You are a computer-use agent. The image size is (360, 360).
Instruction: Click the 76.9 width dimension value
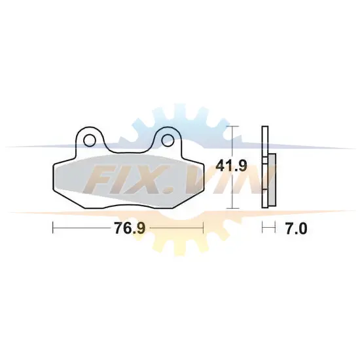point(130,228)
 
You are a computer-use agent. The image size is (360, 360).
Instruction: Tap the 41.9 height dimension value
point(232,166)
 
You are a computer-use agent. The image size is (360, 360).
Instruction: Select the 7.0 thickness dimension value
point(296,228)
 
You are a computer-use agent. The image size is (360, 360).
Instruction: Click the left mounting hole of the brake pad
point(90,141)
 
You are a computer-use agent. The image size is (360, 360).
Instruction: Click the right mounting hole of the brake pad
point(168,140)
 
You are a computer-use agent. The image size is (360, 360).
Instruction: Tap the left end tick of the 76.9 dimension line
point(53,228)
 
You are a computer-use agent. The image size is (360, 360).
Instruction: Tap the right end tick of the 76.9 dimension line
point(203,228)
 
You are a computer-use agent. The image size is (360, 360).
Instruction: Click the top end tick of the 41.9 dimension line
point(233,126)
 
